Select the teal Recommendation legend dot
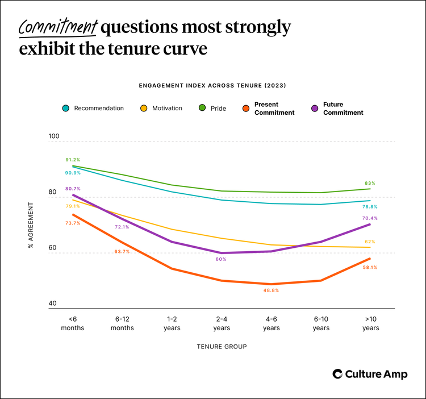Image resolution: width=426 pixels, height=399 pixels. click(x=65, y=108)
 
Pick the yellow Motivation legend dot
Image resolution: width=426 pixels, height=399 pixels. click(x=144, y=108)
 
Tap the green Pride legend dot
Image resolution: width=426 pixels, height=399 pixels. click(x=202, y=108)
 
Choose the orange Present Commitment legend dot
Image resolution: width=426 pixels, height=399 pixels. click(x=246, y=108)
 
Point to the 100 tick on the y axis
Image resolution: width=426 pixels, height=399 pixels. click(x=53, y=136)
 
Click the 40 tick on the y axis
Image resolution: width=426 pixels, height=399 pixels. click(x=52, y=304)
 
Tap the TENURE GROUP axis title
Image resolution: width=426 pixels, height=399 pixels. click(x=222, y=346)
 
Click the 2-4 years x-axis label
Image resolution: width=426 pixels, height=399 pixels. click(x=222, y=324)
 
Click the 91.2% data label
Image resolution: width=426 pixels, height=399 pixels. click(x=73, y=160)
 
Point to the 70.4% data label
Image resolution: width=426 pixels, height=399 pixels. click(x=369, y=218)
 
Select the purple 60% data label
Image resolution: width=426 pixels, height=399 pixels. click(x=221, y=259)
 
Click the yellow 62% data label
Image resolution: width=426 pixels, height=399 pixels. click(x=370, y=242)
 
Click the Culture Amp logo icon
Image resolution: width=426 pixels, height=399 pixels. click(x=337, y=373)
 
